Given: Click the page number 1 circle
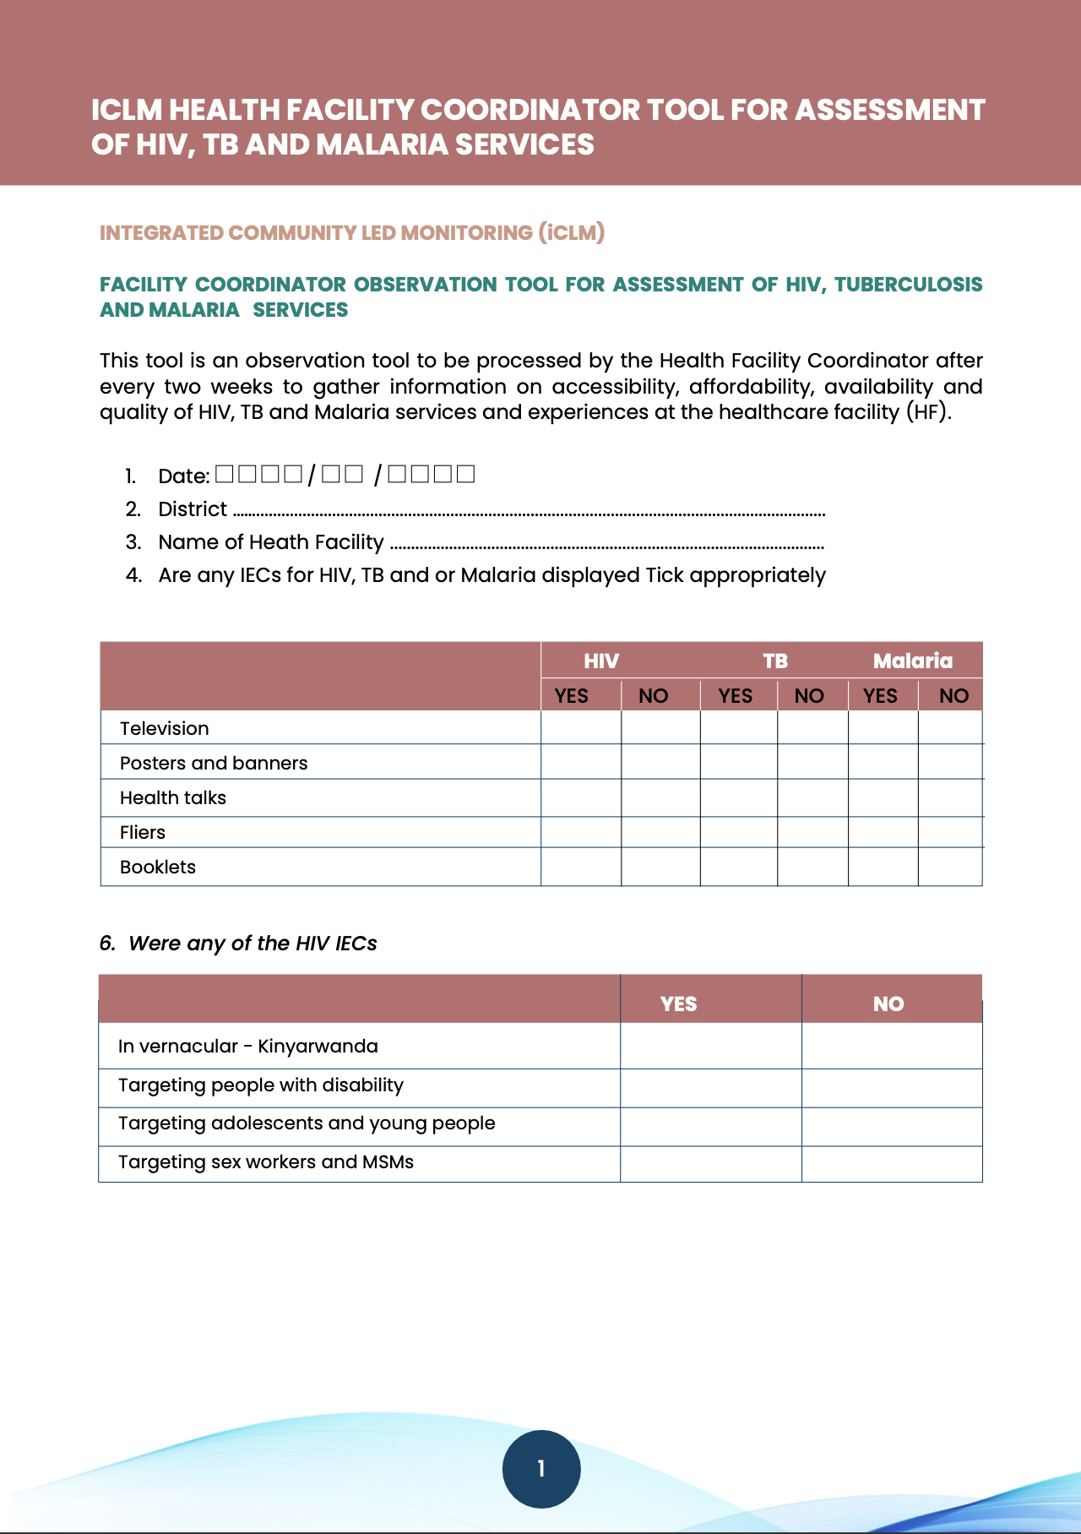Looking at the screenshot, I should point(541,1469).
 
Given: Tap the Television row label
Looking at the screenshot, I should point(164,728).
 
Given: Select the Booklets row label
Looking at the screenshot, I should point(158,867).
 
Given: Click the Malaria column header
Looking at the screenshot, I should point(912,661).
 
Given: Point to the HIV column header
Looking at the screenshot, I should point(601,661).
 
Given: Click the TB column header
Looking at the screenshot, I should point(775,661).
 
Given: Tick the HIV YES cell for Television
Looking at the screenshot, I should point(581,728).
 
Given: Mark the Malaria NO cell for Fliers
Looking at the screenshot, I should point(950,832).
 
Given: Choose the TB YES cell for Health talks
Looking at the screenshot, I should point(738,797).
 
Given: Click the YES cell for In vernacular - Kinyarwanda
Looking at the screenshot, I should point(710,1046).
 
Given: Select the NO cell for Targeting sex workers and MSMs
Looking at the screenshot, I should point(892,1163).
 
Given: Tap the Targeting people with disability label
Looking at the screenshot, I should point(261,1085).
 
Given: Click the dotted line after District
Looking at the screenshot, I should point(529,513).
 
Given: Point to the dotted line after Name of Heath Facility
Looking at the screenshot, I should point(607,547).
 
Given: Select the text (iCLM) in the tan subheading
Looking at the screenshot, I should point(572,232).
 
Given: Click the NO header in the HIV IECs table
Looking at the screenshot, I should point(888,1004).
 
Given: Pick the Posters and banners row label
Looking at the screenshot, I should point(214,763).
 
